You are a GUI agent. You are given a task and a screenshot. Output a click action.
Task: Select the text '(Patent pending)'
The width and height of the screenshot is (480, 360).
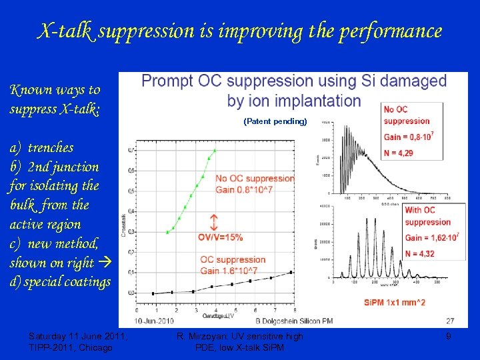pos(275,121)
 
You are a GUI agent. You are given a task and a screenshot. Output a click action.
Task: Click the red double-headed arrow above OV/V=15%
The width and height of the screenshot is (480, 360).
pos(213,222)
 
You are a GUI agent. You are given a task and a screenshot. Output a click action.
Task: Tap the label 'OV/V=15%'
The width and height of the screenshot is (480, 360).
pos(220,237)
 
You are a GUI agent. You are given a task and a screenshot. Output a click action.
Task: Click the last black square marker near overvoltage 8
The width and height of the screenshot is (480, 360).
pos(291,272)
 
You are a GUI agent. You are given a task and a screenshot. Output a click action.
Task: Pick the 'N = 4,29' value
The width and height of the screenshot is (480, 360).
pos(399,153)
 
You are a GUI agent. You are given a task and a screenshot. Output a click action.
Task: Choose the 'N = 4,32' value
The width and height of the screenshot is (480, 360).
pos(419,253)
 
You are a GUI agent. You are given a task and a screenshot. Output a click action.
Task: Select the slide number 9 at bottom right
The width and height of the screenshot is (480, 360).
pos(449,337)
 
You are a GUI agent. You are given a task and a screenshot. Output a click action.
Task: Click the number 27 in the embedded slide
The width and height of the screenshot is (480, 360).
pos(450,321)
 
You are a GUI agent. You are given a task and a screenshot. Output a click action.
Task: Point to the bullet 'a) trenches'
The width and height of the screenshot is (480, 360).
pos(41,147)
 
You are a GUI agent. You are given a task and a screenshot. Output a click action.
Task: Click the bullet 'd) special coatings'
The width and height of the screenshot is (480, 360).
pos(60,282)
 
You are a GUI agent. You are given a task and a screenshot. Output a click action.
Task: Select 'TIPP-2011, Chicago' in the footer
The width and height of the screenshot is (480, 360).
pos(71,347)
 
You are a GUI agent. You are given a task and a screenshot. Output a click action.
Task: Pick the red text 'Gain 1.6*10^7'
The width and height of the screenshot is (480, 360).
pos(229,270)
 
